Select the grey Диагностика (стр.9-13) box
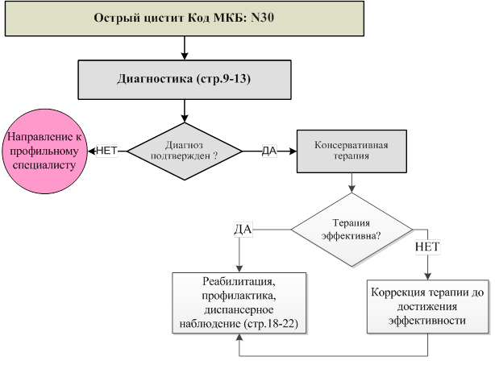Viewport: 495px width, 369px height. pos(185,79)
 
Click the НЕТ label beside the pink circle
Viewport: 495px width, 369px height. pos(107,151)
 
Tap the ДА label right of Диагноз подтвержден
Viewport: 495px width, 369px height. pos(270,151)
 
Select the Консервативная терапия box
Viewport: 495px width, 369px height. pos(351,151)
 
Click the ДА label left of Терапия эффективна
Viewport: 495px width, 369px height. pos(243,230)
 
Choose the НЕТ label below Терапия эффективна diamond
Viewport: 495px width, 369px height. pos(426,245)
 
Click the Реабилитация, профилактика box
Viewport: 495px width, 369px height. pos(240,302)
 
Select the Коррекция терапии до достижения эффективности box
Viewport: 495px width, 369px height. pos(427,306)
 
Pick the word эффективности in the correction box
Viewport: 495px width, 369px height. pos(427,319)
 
